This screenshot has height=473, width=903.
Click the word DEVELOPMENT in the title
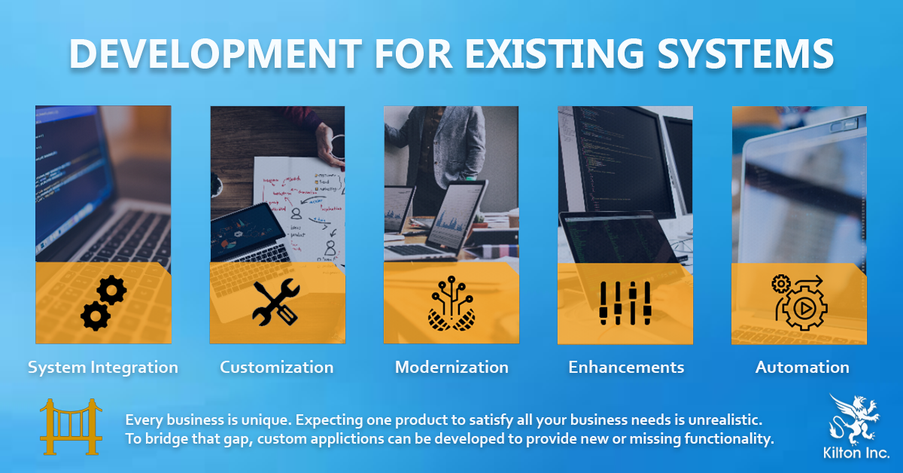pos(216,53)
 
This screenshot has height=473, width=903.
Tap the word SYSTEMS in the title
pos(746,53)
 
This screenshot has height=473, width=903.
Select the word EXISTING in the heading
pos(555,53)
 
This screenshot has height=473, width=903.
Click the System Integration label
pos(103,368)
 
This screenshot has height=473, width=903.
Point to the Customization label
pos(277,368)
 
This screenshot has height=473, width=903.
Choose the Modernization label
pos(451,368)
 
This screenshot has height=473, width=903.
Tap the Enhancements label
pos(626,368)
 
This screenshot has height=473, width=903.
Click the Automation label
pos(802,368)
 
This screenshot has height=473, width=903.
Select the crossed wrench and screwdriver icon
pos(277,302)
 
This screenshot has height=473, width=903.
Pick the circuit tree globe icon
pos(451,304)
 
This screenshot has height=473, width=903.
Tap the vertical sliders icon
pos(625,303)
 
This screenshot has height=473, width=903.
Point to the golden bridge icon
pos(71,426)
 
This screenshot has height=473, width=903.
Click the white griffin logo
pos(854,420)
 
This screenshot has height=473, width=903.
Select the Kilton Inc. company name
pos(856,453)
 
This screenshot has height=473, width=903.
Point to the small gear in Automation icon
pos(781,284)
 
